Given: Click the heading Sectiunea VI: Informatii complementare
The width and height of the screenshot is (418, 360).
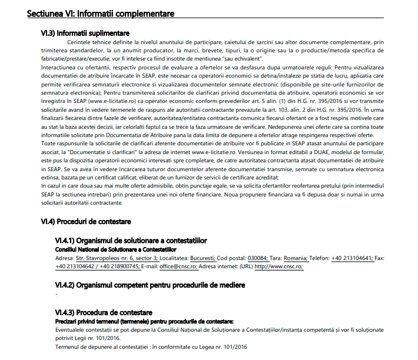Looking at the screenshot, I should [x=101, y=14].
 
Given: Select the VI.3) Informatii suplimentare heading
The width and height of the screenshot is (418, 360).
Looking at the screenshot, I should [x=84, y=33].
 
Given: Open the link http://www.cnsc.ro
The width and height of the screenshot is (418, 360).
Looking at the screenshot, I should [x=278, y=266].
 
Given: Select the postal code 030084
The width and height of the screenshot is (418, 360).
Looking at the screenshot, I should [x=257, y=258].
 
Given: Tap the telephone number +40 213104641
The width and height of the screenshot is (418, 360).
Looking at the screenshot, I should [x=351, y=258].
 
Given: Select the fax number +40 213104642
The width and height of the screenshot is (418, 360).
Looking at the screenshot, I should [x=76, y=266].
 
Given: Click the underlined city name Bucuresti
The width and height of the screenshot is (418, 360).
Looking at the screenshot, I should [x=198, y=258].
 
